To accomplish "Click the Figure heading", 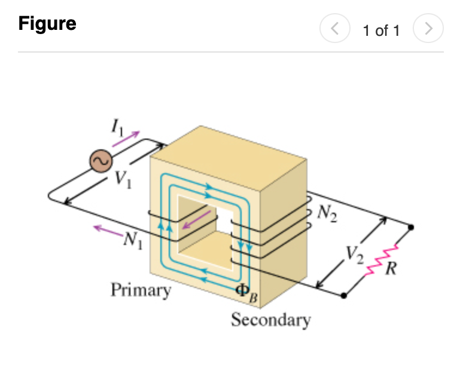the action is pos(47,23).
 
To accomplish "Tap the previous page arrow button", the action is pos(335,28).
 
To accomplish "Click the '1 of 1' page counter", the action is pos(381,30).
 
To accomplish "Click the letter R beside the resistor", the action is pos(391,268).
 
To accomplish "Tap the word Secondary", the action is pos(271,320).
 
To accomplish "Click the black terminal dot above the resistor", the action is pos(411,228).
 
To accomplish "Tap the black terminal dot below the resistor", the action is pos(343,295).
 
